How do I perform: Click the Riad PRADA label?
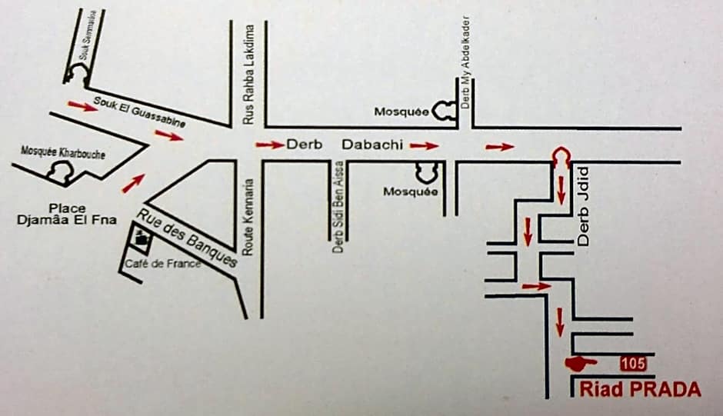click(x=641, y=390)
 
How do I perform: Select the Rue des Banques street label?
click(x=188, y=236)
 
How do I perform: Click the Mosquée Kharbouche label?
click(x=63, y=151)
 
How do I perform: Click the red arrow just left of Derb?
click(x=270, y=144)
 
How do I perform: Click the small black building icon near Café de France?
click(x=141, y=239)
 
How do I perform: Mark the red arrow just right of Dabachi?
click(x=424, y=145)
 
